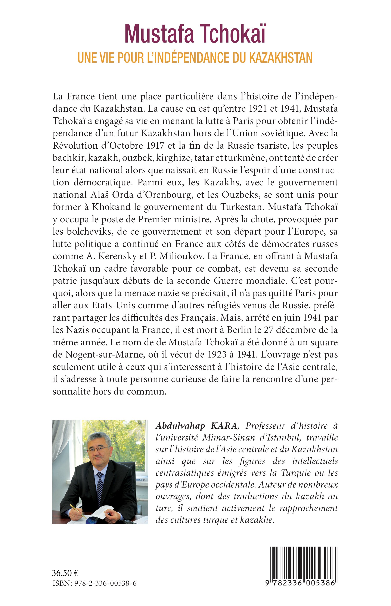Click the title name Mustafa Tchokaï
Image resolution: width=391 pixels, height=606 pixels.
click(x=195, y=34)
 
